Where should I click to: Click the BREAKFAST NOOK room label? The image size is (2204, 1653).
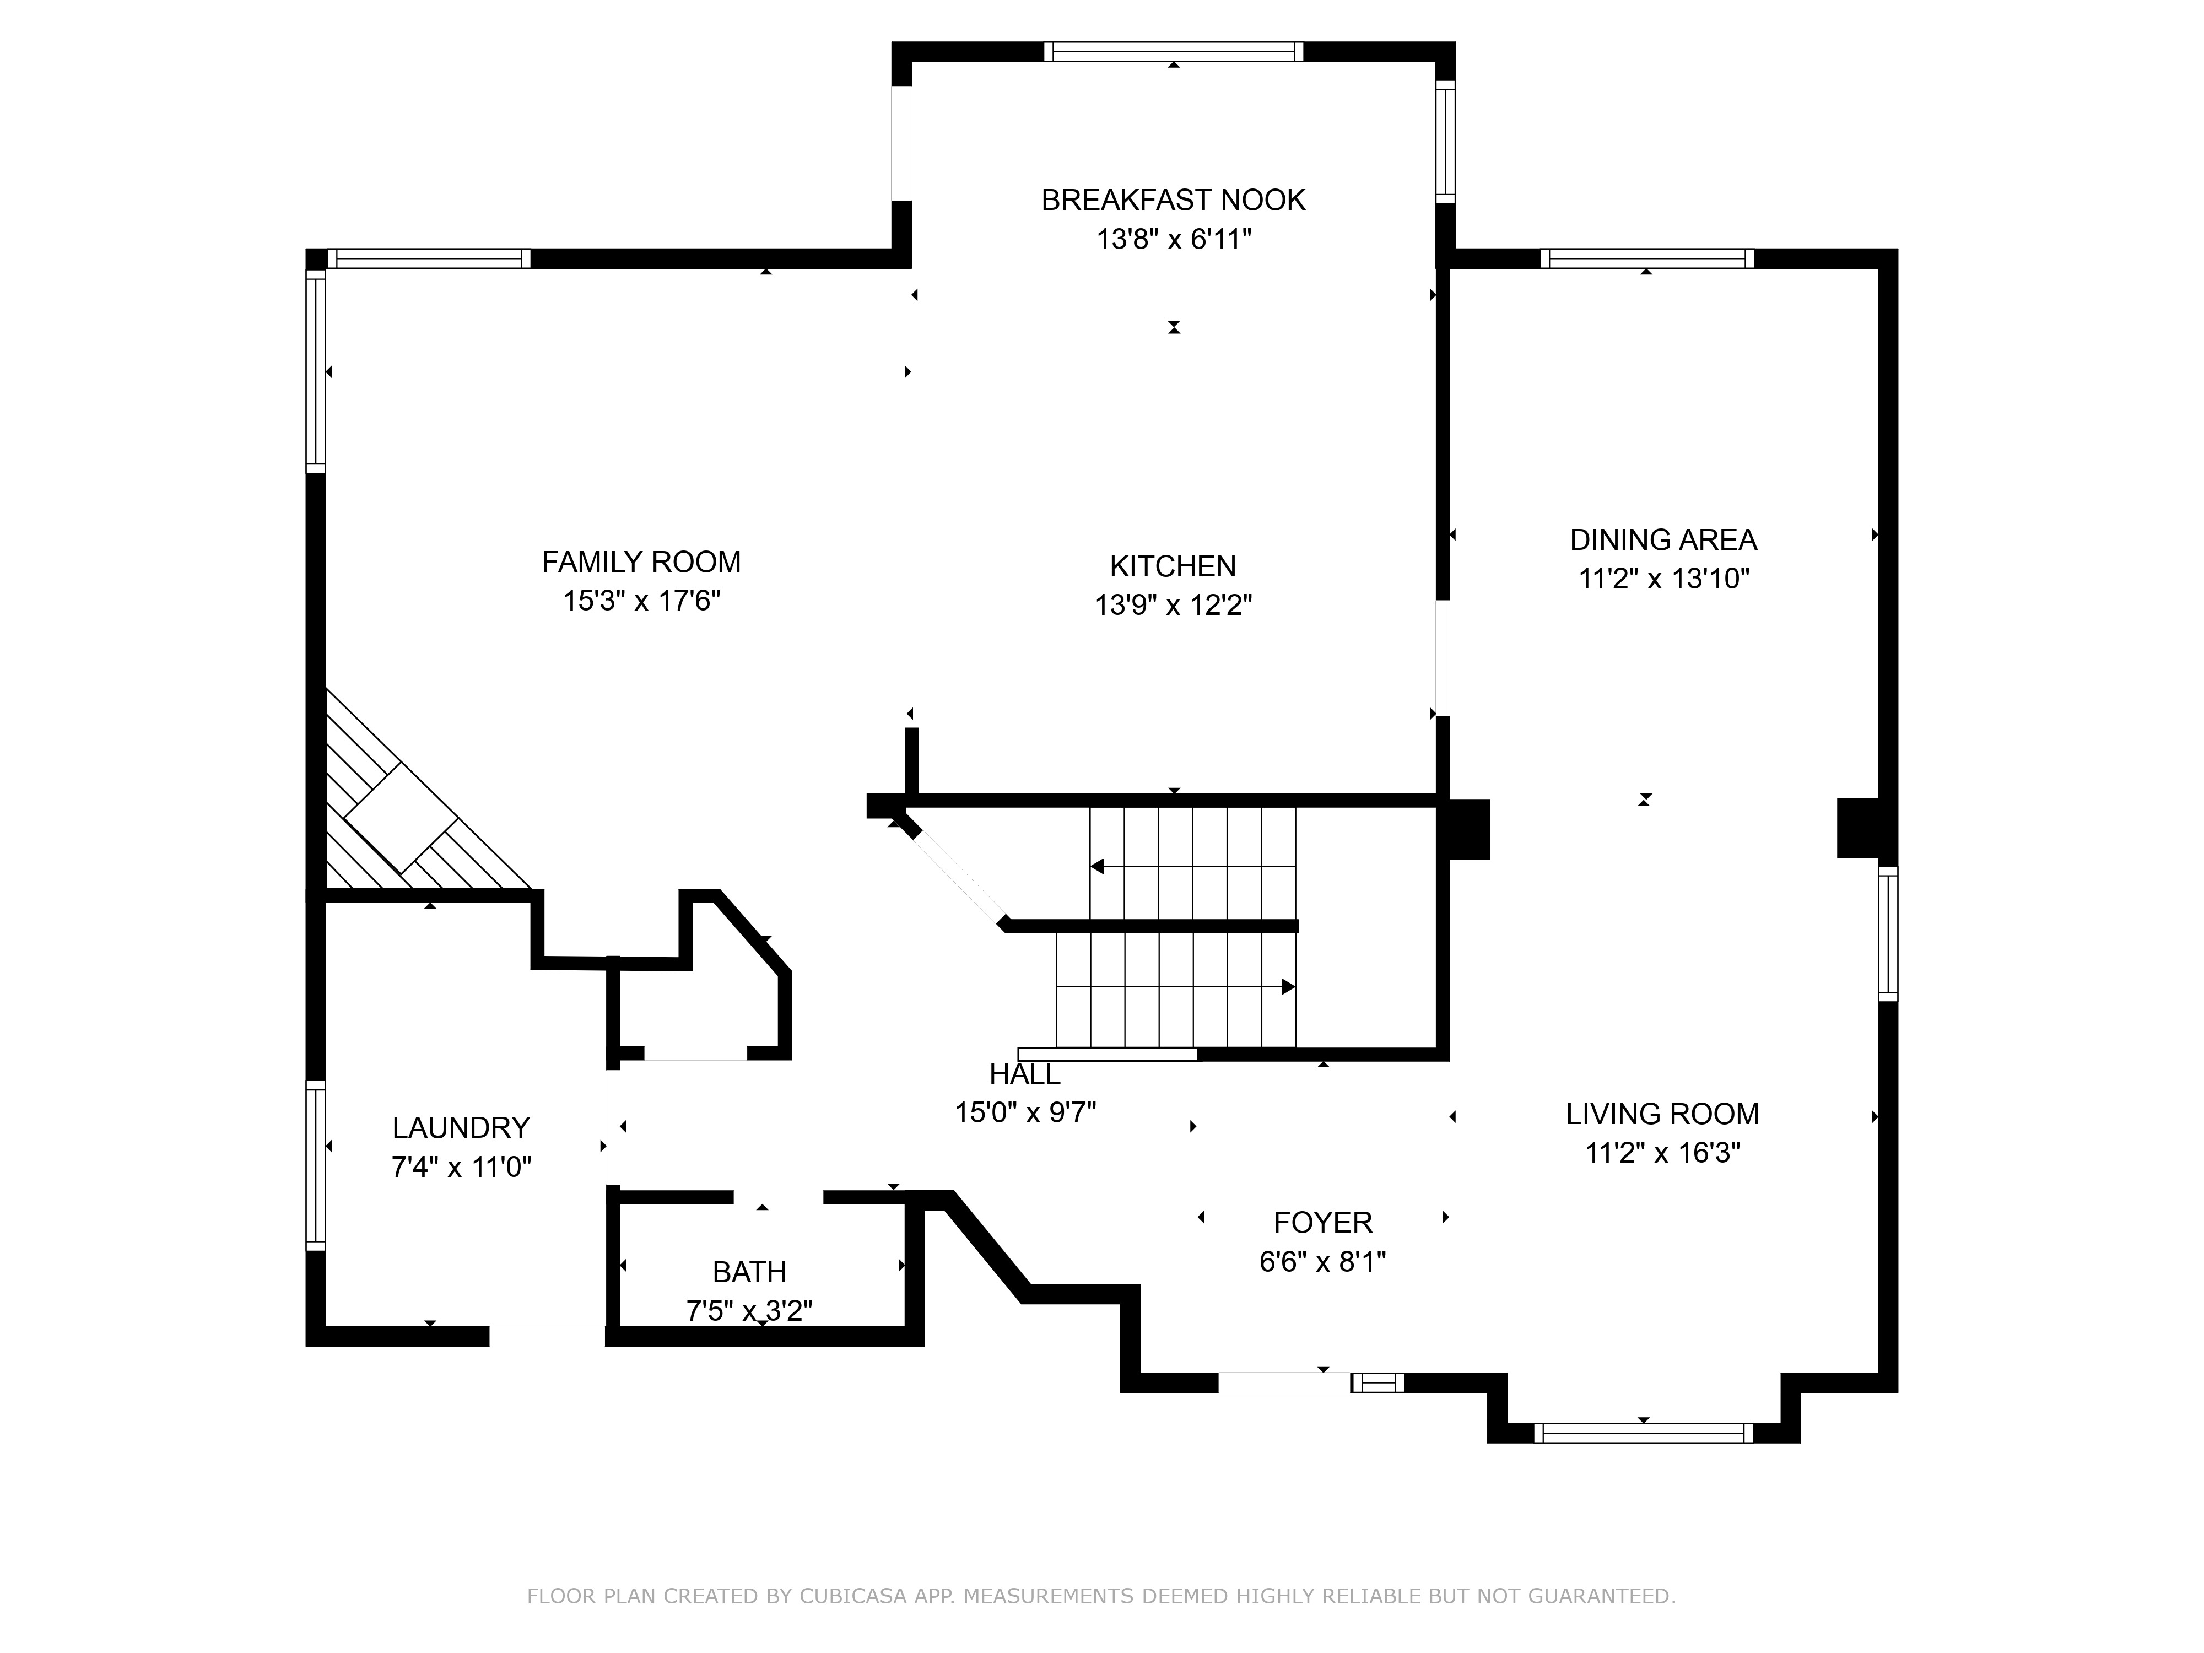pos(1173,200)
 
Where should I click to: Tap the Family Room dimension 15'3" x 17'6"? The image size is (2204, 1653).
pos(642,601)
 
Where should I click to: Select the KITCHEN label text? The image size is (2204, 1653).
pos(1173,566)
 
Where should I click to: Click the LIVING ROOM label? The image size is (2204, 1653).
pos(1662,1114)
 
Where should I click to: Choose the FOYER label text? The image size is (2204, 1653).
pos(1322,1223)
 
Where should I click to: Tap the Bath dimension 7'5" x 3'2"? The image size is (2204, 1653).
pos(749,1310)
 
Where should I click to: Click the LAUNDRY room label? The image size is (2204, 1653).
pos(460,1128)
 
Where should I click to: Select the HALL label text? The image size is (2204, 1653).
pos(1024,1074)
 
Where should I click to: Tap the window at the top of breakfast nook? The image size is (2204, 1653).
pos(1173,52)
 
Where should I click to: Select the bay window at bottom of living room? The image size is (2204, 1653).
pos(1643,1433)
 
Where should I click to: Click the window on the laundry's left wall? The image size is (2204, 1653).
pos(315,1166)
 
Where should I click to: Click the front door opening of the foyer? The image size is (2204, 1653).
pos(1283,1382)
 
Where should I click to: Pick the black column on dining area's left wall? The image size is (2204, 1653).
pos(1465,829)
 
